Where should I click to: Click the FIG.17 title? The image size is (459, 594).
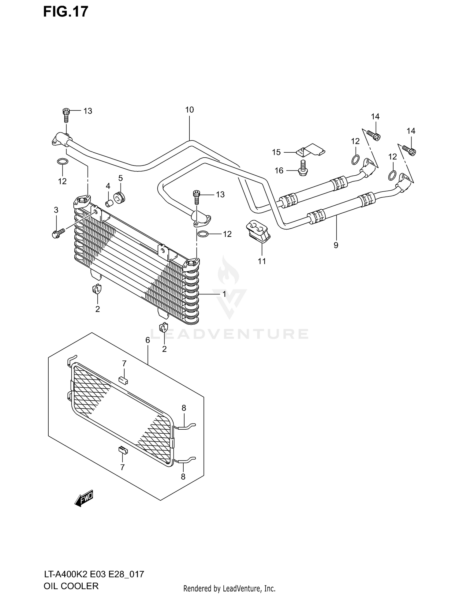[65, 12]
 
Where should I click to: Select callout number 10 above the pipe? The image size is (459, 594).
[189, 110]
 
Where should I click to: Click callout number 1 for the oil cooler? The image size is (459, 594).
[224, 294]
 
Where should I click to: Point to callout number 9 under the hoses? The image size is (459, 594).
[336, 245]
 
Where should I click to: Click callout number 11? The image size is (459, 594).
[262, 261]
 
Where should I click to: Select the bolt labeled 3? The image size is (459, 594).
[58, 233]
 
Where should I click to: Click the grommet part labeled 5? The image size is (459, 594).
[119, 198]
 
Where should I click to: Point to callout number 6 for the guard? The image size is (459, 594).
[147, 340]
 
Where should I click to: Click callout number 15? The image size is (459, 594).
[276, 152]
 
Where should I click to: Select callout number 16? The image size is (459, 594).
[279, 170]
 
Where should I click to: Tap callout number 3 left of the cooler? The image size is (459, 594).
[56, 210]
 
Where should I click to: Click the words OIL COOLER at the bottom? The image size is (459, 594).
[71, 586]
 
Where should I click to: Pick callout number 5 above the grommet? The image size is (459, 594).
[120, 178]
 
